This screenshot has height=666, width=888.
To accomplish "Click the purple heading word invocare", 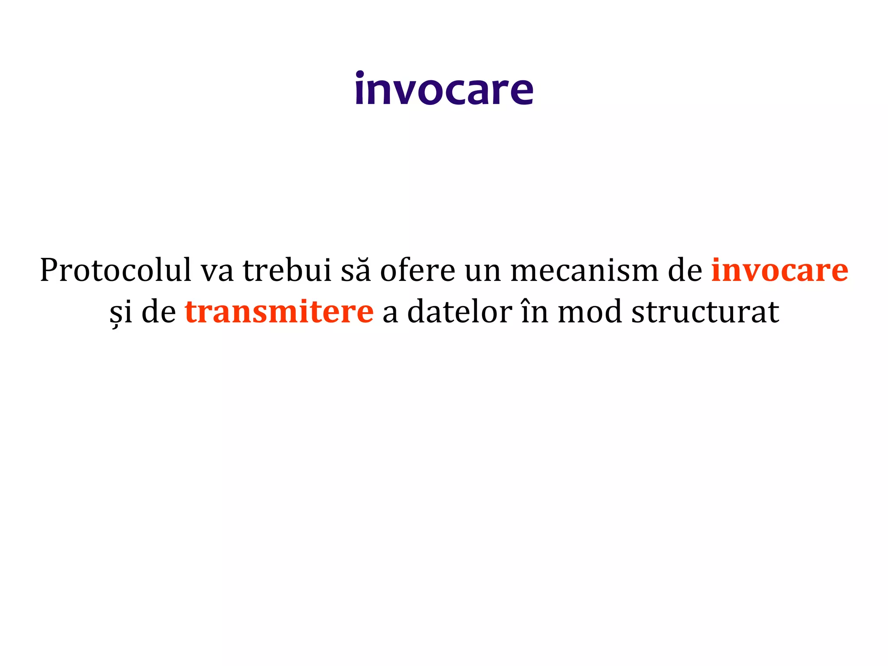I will pos(444,89).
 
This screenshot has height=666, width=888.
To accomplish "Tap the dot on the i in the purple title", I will pos(359,75).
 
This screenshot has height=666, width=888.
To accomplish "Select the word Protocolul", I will pos(115,271).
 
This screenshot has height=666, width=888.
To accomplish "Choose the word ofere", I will pos(418,271).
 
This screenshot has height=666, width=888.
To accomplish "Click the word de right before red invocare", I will pos(685,271).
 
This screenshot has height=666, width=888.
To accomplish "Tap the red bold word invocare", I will pos(780,271).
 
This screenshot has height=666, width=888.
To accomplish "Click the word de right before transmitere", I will pos(159,311).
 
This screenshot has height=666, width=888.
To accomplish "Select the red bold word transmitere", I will pos(279,311).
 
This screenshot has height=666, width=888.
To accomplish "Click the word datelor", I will pos(460,311).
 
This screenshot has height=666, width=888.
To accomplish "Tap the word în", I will pos(535,311).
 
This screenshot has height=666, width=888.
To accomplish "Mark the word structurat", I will pos(705,311).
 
